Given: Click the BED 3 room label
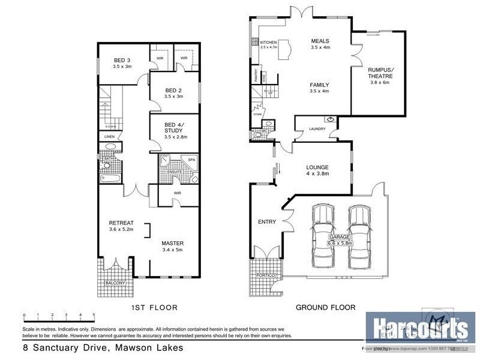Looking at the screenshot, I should (122, 60).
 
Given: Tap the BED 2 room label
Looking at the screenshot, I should (173, 90).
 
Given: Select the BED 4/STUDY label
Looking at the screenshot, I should (173, 128).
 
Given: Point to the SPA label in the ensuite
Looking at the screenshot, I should (192, 160).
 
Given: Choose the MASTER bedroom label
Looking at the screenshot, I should (172, 243).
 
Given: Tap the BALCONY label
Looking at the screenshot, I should (115, 283).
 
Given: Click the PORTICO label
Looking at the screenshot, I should (265, 274).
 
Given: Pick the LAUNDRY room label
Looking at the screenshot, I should (317, 129).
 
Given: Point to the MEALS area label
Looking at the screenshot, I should (320, 41).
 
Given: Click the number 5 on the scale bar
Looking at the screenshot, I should (94, 314).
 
